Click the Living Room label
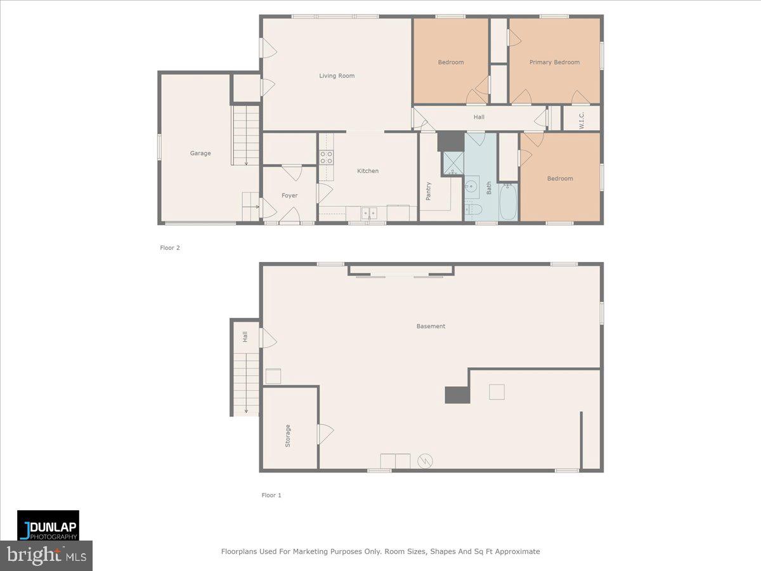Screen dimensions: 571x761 tap(337, 76)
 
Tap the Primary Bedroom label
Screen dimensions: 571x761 tap(554, 62)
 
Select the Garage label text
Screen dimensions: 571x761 tap(200, 154)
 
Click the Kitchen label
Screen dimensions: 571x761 tap(368, 171)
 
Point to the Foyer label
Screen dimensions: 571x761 tap(290, 196)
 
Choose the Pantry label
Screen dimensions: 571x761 tap(429, 191)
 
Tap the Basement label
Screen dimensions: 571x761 tap(431, 326)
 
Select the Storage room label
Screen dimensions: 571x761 tap(288, 436)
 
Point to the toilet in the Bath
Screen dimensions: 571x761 tap(474, 209)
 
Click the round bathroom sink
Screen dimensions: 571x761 tap(471, 187)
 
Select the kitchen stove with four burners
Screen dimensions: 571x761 tap(327, 157)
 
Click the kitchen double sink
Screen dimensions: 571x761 tap(369, 213)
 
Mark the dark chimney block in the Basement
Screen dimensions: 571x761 tap(457, 395)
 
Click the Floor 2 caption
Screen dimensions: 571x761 tap(170, 248)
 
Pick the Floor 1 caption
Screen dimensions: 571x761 tap(271, 496)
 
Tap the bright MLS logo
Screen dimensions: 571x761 tap(46, 556)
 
